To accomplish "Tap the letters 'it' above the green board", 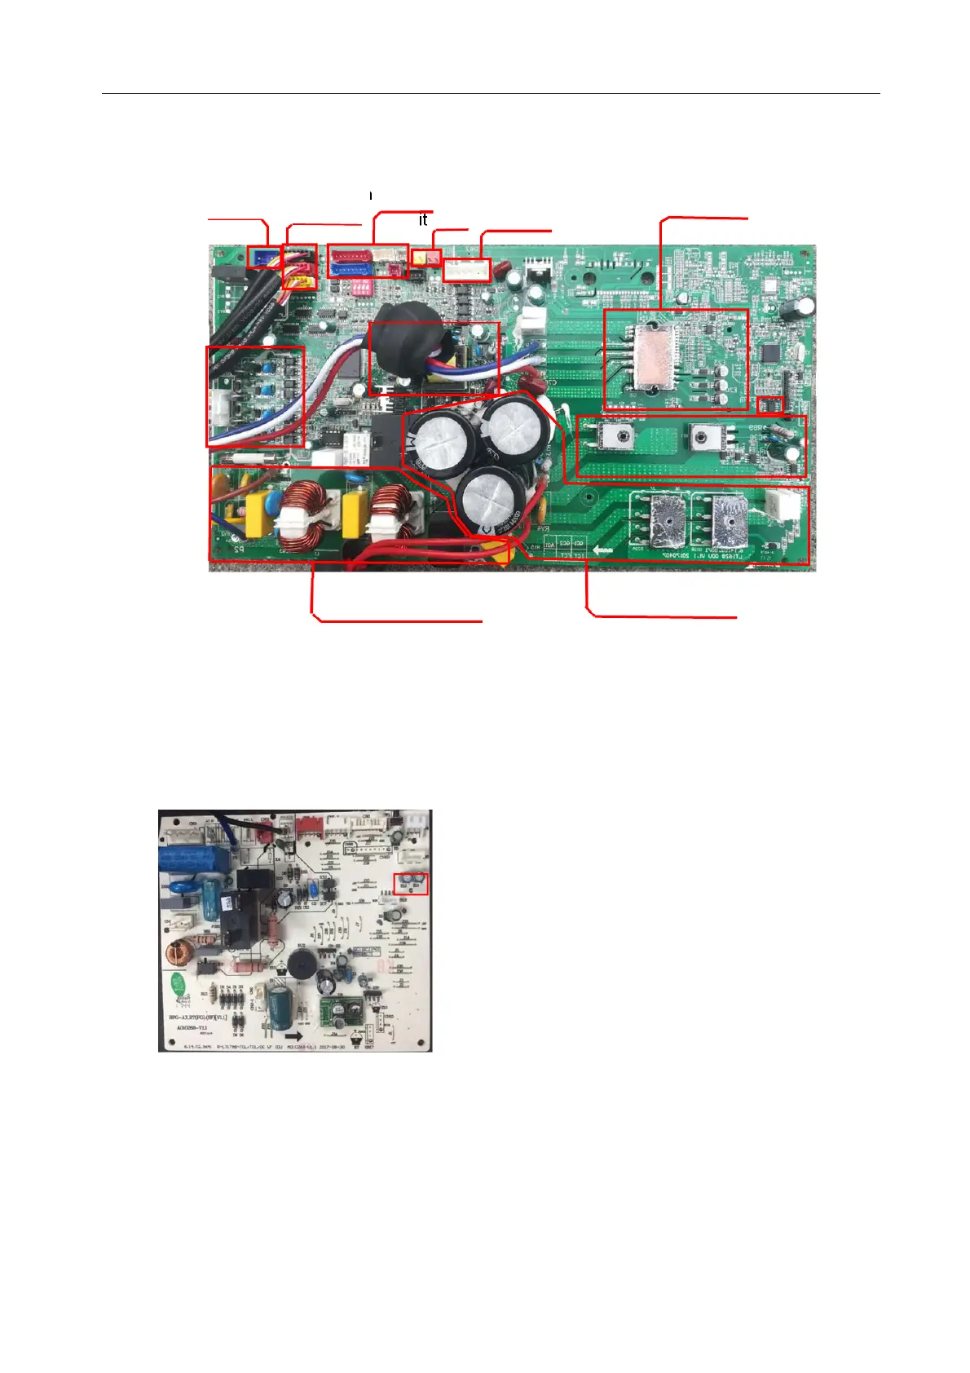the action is (422, 220).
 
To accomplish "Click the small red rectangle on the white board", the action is (410, 883).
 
